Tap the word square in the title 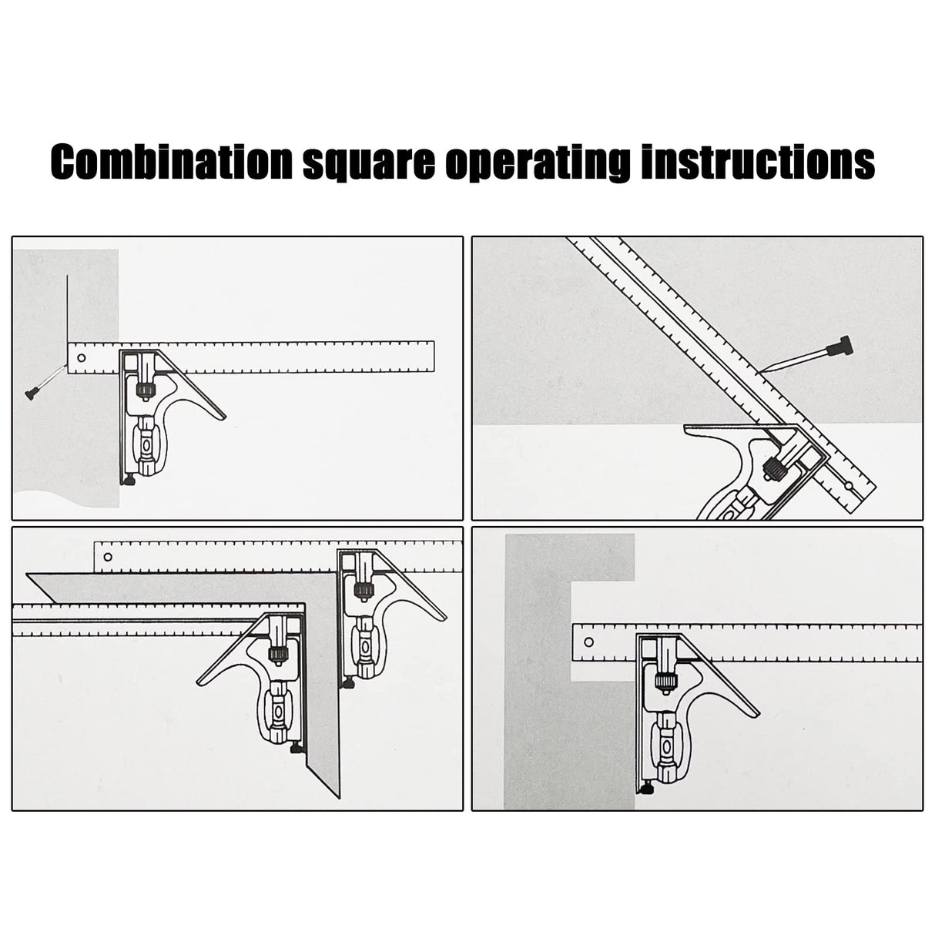click(x=367, y=162)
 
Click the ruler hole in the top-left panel click(x=80, y=357)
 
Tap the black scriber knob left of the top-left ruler click(x=32, y=395)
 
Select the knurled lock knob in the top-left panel click(x=143, y=390)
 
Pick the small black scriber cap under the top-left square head click(x=130, y=481)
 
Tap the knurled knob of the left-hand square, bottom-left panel click(x=275, y=655)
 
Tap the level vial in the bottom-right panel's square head click(x=663, y=746)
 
